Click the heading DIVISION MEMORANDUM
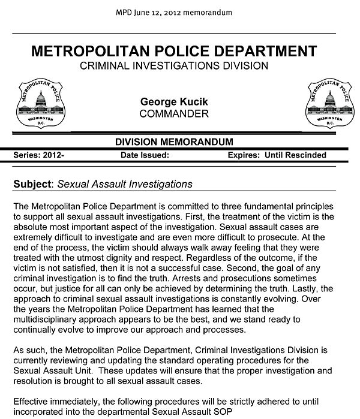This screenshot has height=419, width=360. (173, 142)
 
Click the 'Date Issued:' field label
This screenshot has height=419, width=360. (145, 155)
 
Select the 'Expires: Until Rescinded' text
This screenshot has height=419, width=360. (277, 155)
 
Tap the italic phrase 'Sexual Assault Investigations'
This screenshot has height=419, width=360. (124, 183)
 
